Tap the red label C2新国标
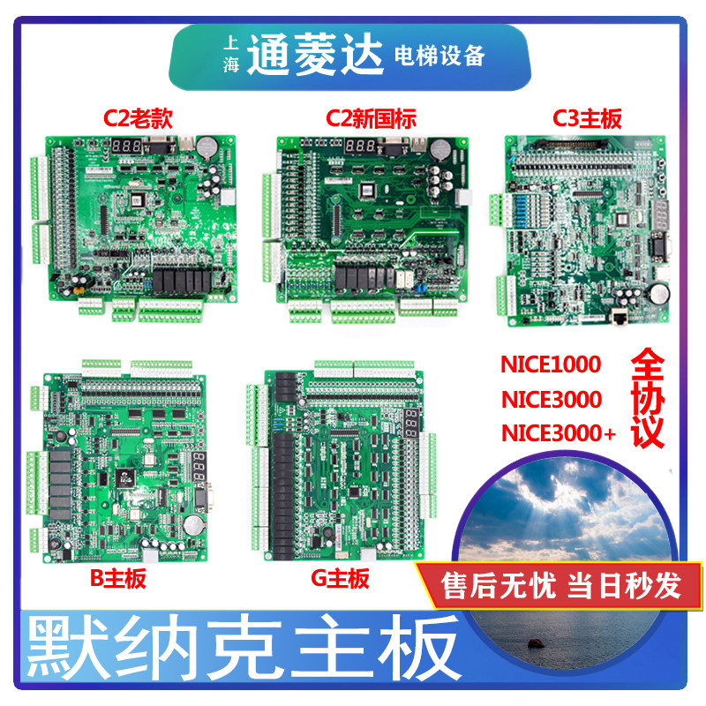pos(371,117)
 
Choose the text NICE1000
pos(551,364)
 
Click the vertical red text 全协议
pos(648,402)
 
